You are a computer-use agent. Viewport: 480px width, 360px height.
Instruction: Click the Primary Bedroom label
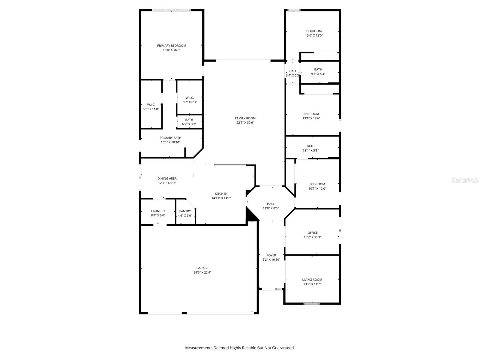(172, 46)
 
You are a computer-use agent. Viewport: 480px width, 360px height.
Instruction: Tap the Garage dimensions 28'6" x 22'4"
(202, 273)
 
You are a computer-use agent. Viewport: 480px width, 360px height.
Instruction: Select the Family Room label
(245, 118)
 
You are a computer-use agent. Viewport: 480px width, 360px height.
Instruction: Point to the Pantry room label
(185, 211)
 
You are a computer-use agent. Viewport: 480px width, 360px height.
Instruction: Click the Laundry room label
(158, 211)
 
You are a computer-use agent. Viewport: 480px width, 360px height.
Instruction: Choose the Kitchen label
(221, 194)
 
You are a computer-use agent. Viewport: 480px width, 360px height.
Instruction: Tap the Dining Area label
(167, 178)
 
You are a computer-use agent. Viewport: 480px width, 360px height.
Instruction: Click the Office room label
(312, 233)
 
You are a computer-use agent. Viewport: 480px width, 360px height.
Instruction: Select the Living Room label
(312, 280)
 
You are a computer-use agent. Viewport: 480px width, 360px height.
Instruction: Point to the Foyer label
(271, 255)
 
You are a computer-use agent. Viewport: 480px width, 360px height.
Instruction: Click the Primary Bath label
(170, 138)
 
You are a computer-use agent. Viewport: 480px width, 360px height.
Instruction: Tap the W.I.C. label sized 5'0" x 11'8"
(151, 105)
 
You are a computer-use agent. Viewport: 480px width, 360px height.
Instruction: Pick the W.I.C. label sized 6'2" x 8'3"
(190, 98)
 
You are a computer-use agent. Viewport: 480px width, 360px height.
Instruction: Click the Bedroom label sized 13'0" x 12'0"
(314, 31)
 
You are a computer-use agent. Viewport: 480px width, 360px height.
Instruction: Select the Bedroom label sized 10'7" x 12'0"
(317, 184)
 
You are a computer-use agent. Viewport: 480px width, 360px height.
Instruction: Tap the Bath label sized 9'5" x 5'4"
(318, 70)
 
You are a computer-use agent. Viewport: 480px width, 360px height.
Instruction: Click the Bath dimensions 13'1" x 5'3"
(310, 151)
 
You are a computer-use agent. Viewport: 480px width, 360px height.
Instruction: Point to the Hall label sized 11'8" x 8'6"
(271, 204)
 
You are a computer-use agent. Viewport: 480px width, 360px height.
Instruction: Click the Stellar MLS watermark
(465, 180)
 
